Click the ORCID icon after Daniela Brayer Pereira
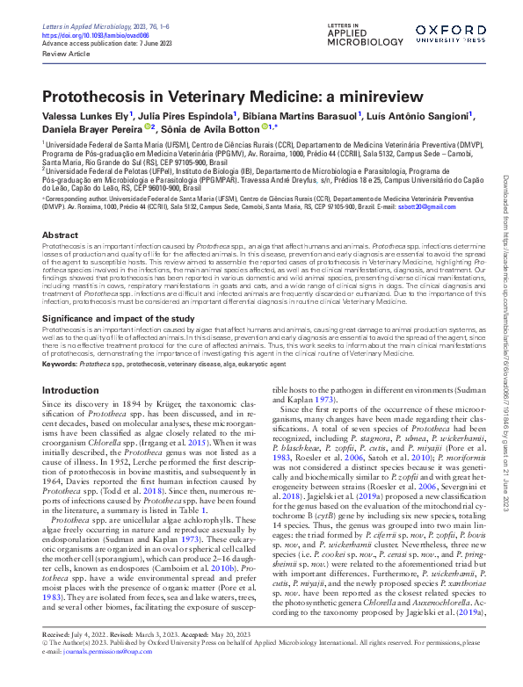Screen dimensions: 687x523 pos(148,127)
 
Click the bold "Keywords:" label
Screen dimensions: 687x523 pos(59,364)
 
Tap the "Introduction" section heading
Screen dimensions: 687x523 pos(70,389)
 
